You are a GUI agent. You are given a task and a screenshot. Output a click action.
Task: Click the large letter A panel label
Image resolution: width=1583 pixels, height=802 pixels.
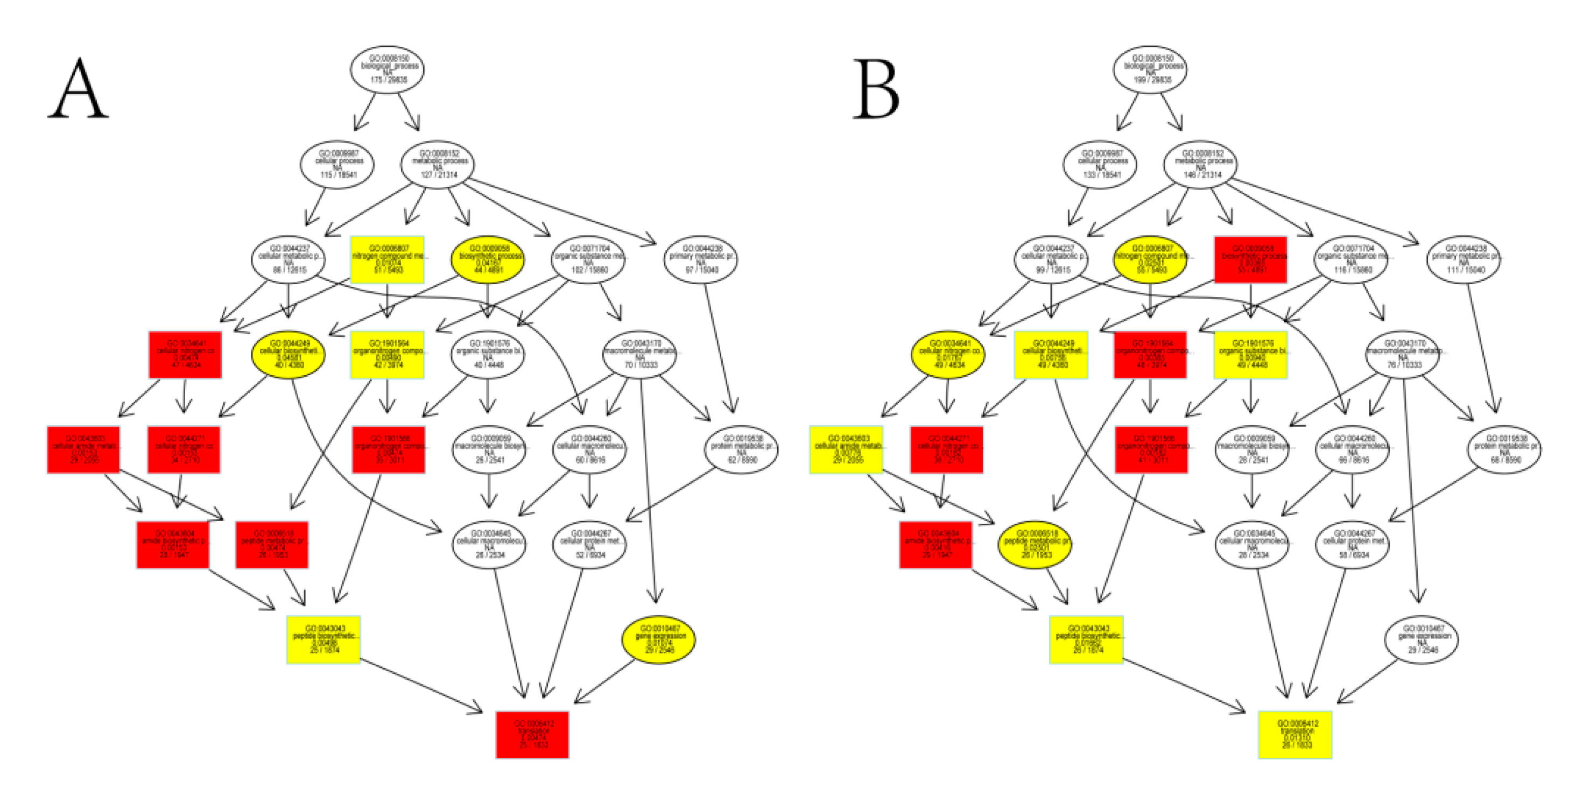point(79,89)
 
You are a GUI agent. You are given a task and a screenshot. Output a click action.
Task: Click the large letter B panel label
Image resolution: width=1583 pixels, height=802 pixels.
point(876,89)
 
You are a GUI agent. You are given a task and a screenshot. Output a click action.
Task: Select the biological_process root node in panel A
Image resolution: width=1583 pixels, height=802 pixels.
point(387,69)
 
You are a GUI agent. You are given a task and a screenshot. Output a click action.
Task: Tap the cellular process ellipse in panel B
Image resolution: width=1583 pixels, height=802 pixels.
point(1100,164)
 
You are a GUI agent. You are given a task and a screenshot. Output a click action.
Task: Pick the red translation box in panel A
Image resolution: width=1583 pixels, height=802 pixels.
point(532,734)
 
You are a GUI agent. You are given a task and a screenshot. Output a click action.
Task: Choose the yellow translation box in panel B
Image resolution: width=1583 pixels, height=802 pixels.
point(1295,734)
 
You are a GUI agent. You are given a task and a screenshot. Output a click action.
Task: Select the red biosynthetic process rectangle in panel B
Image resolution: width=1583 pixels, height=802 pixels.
point(1250,259)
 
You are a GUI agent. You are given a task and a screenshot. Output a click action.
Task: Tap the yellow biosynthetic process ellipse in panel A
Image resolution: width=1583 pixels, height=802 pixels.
point(488,259)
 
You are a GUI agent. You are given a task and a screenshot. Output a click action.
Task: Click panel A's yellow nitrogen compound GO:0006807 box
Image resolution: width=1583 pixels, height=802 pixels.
point(387,259)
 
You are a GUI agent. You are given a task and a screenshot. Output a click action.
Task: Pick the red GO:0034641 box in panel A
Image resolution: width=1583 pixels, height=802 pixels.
point(185,355)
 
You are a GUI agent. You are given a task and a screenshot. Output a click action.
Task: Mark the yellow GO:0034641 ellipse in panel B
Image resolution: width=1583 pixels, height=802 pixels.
point(947,355)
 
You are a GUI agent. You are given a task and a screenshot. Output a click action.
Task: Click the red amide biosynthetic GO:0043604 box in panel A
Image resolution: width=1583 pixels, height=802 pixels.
point(173,545)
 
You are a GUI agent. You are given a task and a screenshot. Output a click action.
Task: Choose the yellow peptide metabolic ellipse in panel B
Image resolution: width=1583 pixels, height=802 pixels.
point(1035,545)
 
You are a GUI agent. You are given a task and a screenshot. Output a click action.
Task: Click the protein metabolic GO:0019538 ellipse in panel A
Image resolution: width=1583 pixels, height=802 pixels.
point(741,449)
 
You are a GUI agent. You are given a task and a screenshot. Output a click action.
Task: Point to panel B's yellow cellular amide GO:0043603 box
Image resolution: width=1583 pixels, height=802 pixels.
point(846,449)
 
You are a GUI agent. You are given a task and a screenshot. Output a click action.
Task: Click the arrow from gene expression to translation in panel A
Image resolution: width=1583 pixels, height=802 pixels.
point(606,681)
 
